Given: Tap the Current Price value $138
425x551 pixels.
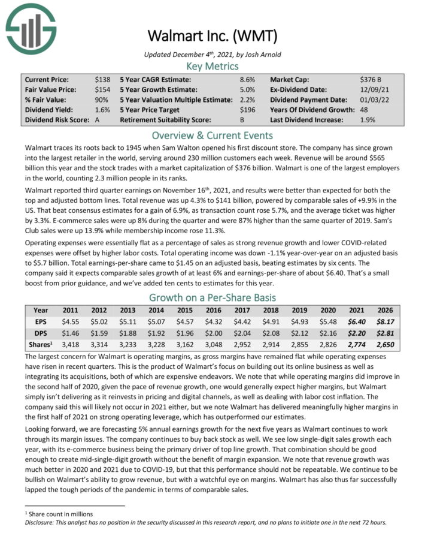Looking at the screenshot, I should (102, 79).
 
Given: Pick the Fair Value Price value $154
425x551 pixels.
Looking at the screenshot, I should (102, 89).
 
